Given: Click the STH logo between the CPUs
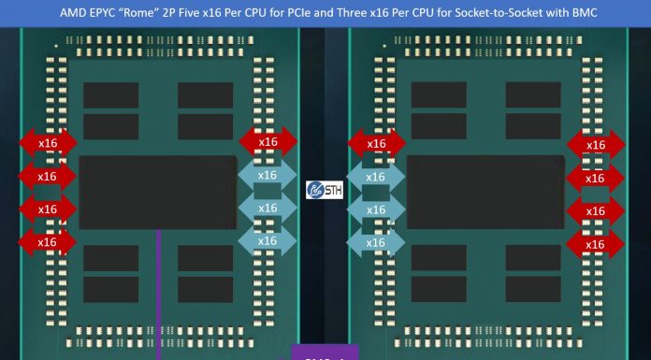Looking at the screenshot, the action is (x=325, y=190).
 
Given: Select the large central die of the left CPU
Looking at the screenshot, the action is (x=158, y=192).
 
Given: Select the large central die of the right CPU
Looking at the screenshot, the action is (x=485, y=192).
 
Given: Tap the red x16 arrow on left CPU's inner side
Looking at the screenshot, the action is (x=268, y=142).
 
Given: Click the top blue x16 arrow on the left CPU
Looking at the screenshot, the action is (x=268, y=175).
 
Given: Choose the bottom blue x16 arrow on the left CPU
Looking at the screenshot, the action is (x=268, y=241).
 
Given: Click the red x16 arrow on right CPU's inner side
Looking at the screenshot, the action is (x=376, y=143).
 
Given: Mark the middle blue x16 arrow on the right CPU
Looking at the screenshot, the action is (x=375, y=209).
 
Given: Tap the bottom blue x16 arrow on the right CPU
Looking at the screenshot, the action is (x=375, y=242).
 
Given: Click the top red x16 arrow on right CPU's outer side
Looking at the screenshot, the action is (x=595, y=144).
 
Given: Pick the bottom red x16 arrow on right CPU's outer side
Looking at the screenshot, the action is (x=595, y=244).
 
